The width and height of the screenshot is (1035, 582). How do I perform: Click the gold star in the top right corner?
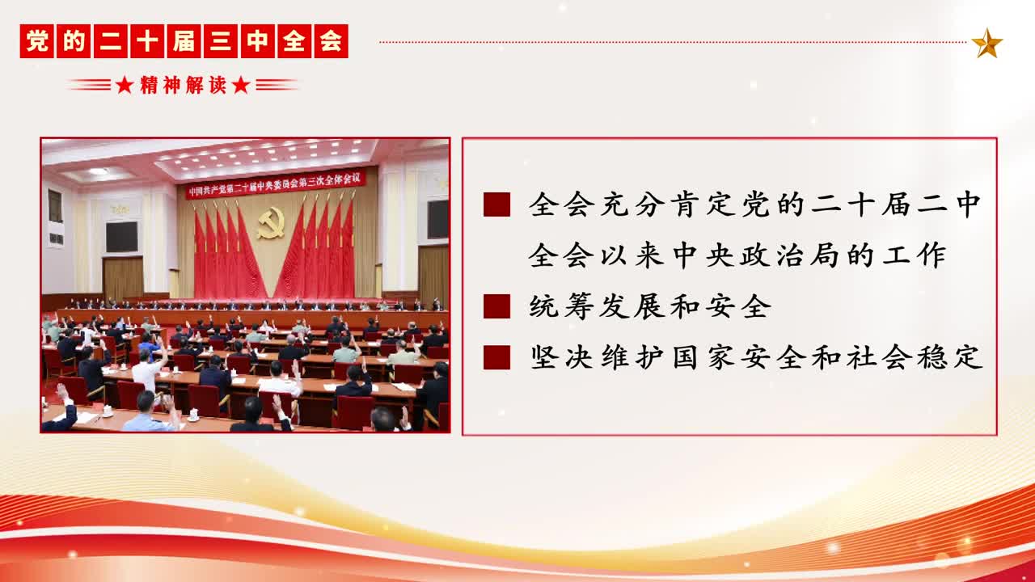[986, 43]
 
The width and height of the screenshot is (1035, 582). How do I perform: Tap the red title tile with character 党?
[37, 41]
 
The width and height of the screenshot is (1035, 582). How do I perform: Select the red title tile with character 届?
[184, 41]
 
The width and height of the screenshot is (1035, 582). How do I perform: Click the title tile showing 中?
[257, 41]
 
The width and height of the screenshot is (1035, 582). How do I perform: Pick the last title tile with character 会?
[331, 41]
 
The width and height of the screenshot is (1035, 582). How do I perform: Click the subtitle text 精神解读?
[183, 85]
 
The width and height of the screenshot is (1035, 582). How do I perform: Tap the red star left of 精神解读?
[125, 85]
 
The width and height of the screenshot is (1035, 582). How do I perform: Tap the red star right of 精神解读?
[241, 85]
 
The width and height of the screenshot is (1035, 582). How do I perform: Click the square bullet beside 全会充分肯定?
[496, 205]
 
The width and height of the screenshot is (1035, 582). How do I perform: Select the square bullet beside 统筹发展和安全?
[496, 306]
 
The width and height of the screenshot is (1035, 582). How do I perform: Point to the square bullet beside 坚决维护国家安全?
[496, 357]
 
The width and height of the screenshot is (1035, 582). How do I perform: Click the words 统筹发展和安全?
[650, 306]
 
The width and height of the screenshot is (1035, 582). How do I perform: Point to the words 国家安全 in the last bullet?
[738, 357]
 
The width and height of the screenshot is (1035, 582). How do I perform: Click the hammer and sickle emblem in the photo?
[271, 222]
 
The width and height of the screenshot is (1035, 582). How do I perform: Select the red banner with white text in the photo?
[276, 183]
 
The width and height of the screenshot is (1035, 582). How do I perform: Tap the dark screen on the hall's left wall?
[122, 237]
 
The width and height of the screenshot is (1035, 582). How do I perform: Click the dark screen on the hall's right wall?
[437, 218]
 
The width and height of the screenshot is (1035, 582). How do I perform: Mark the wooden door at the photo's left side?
[123, 278]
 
